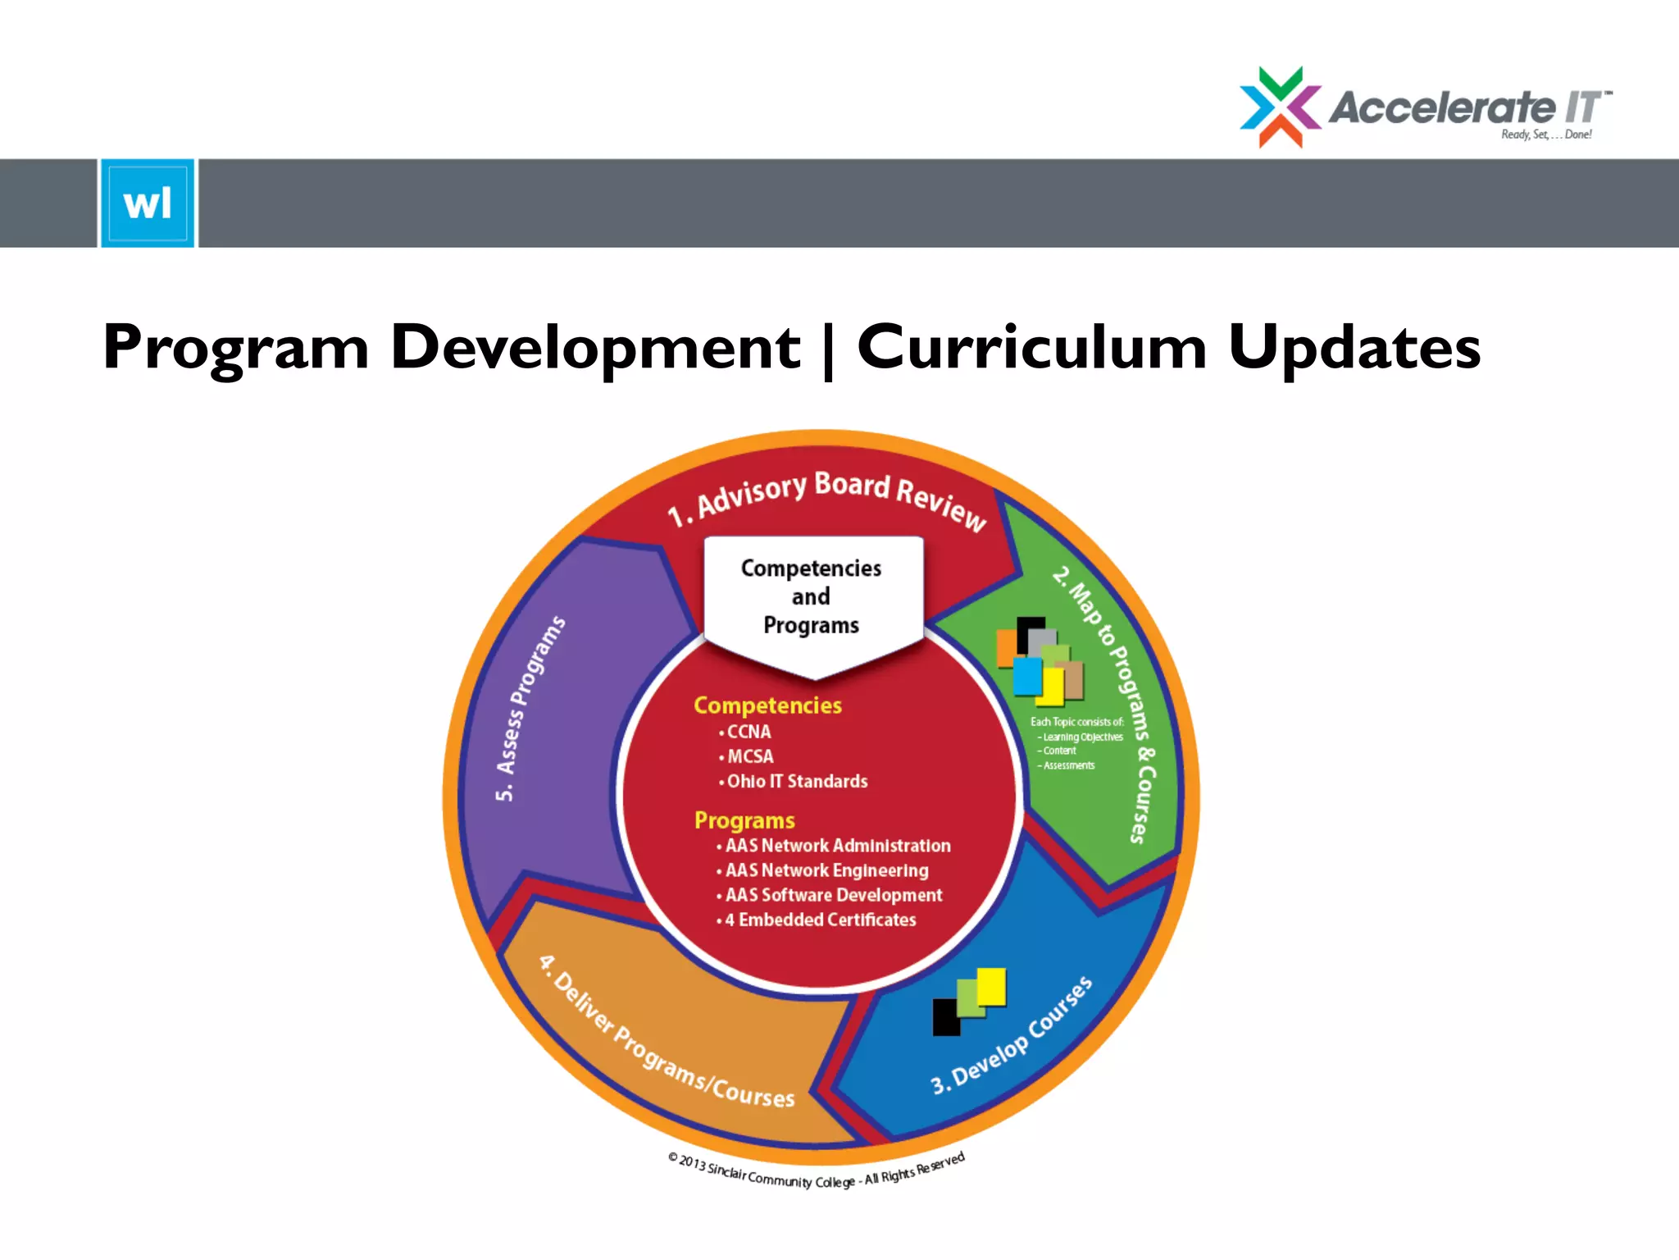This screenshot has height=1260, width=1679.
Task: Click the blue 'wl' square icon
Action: [148, 203]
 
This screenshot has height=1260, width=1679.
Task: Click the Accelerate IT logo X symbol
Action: [1280, 107]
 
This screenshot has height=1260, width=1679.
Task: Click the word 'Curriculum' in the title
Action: [1031, 347]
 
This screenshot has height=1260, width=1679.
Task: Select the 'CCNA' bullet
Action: [748, 732]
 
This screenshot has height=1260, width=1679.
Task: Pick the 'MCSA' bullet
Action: [749, 756]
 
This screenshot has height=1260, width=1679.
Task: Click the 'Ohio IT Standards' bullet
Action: [796, 781]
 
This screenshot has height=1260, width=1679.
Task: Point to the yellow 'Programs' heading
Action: [744, 820]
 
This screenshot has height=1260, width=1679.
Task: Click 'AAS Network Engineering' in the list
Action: [826, 870]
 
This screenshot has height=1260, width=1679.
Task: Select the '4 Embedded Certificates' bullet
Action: [820, 920]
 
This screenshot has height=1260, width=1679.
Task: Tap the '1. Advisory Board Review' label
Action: [826, 499]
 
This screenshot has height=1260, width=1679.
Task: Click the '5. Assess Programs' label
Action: [530, 709]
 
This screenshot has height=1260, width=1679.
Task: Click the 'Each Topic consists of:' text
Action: [1076, 722]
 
